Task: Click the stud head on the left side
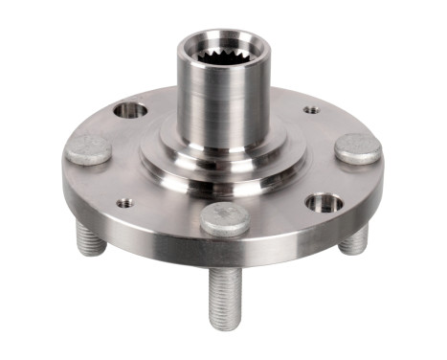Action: tap(88, 148)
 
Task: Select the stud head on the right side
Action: tap(358, 147)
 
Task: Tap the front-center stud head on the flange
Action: tap(226, 218)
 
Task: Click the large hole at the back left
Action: tap(131, 110)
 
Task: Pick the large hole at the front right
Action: tap(324, 203)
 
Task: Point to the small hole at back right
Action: tap(311, 110)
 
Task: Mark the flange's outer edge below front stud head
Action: tap(225, 251)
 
